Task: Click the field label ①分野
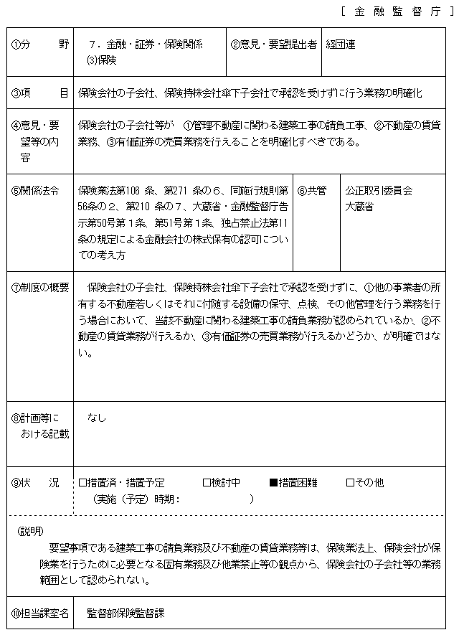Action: coord(40,44)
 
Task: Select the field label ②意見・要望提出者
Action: coord(273,44)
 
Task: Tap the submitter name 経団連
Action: coord(340,44)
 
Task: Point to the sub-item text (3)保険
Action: coord(101,60)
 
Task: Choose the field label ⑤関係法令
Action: coord(36,191)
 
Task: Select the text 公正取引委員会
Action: coord(379,191)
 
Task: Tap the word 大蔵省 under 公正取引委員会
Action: coord(359,207)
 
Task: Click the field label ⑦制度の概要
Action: coord(40,288)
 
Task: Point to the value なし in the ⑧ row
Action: coord(96,417)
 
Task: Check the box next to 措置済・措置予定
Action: coord(82,483)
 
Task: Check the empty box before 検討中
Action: coord(207,483)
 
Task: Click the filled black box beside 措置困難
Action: coord(273,483)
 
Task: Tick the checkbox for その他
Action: coord(350,483)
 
